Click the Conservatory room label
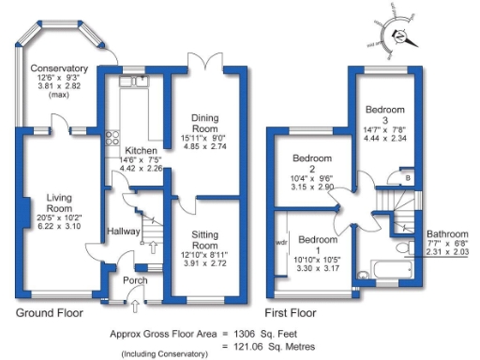pyautogui.click(x=58, y=69)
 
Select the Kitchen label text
pyautogui.click(x=141, y=150)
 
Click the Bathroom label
pyautogui.click(x=446, y=234)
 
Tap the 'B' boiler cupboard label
pyautogui.click(x=408, y=177)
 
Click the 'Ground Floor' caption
pyautogui.click(x=49, y=312)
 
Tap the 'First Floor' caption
pyautogui.click(x=291, y=312)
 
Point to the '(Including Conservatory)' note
pyautogui.click(x=165, y=353)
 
